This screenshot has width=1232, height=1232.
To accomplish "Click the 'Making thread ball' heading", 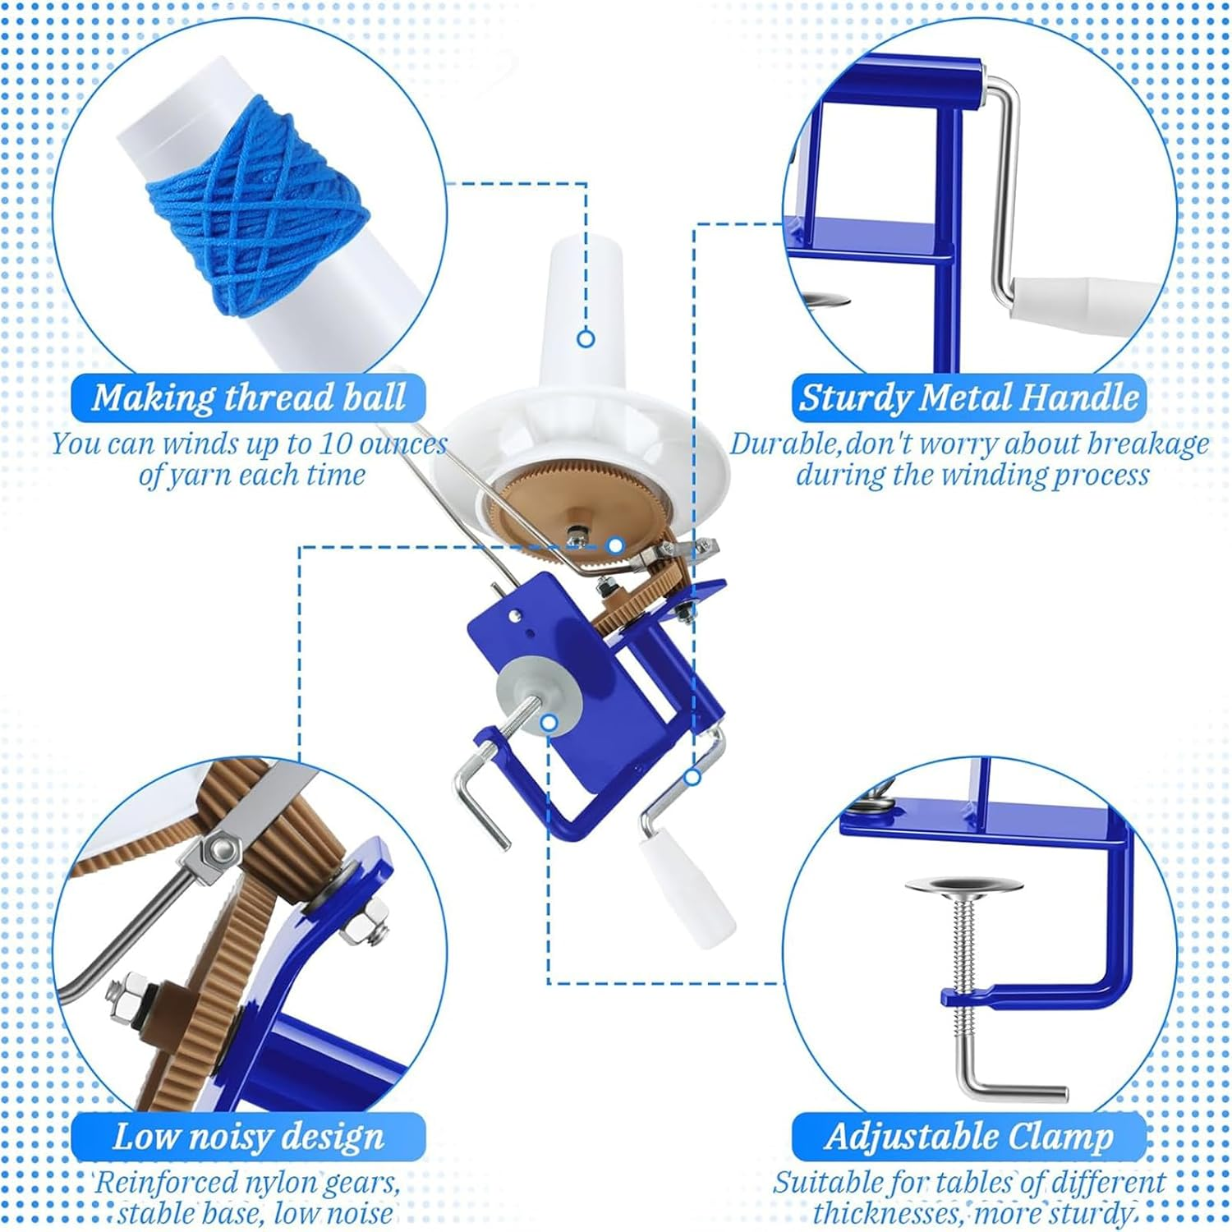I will tap(248, 398).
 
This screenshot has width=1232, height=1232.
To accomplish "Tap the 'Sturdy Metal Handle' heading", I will tap(969, 398).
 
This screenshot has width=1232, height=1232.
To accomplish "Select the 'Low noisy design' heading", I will tap(248, 1137).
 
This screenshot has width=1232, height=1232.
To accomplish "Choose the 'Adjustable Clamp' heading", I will tap(969, 1137).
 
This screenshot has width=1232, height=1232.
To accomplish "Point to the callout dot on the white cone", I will tap(586, 338).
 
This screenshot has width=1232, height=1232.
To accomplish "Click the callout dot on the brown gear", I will tap(615, 545).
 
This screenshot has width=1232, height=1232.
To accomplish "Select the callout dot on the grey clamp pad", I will tap(549, 723).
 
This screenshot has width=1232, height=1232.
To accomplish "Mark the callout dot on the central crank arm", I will tap(692, 776).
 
